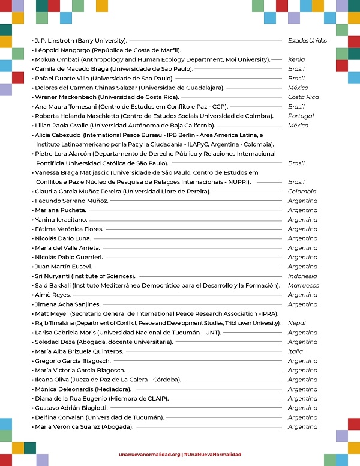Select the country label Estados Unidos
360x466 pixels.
click(307, 41)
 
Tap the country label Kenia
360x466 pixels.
click(296, 59)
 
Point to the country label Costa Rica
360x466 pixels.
click(303, 97)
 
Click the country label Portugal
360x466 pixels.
click(301, 116)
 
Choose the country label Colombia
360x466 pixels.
click(301, 191)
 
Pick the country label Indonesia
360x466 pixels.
click(302, 276)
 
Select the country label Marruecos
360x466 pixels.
click(303, 285)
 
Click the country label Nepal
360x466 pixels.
click(296, 322)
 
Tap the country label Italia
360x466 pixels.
click(295, 351)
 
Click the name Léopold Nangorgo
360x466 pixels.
click(61, 50)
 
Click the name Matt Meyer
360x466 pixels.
click(51, 313)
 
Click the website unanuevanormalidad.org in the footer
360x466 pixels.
click(149, 455)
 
